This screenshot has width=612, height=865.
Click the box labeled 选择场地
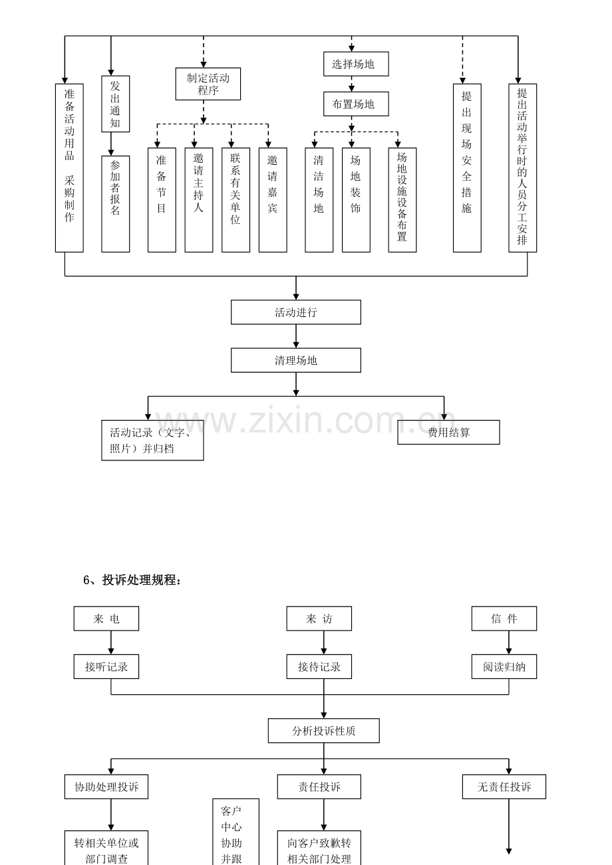[x=356, y=64]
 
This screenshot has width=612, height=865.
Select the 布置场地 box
[x=356, y=104]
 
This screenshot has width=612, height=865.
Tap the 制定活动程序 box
[x=208, y=84]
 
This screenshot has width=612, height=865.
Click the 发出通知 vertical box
[x=115, y=104]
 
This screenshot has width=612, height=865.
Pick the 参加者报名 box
[x=115, y=204]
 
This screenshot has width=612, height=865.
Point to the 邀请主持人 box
[x=199, y=200]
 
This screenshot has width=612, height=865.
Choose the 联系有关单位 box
[x=235, y=200]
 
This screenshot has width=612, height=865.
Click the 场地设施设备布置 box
[x=402, y=200]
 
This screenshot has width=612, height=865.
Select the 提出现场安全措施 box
[x=467, y=168]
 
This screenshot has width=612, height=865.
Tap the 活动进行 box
[x=296, y=312]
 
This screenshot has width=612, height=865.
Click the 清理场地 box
[x=296, y=360]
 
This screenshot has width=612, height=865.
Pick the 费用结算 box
[x=448, y=432]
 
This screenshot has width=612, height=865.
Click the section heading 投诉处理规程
[x=132, y=580]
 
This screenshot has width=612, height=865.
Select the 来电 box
[x=106, y=619]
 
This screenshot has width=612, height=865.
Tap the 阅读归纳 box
[x=504, y=666]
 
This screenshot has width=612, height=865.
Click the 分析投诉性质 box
[x=323, y=731]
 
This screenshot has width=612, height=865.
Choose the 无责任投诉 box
[x=504, y=787]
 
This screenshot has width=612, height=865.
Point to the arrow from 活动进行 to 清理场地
[x=296, y=336]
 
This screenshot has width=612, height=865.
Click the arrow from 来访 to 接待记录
[x=324, y=642]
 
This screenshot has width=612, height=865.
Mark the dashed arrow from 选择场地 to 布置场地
[x=351, y=84]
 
